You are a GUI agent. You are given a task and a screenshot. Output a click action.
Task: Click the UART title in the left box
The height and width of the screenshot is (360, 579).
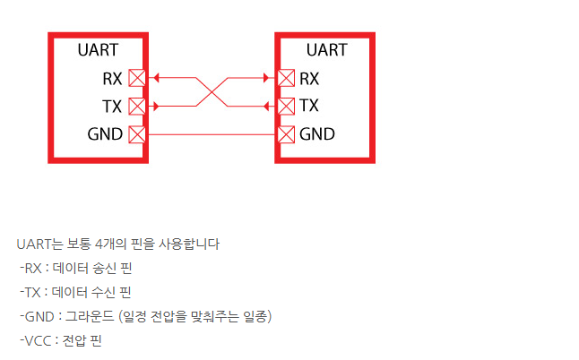pos(99,50)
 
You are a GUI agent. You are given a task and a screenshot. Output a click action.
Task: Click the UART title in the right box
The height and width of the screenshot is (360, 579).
pos(326,50)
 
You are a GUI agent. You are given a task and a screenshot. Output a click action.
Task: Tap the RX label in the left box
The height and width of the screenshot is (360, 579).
pos(113,79)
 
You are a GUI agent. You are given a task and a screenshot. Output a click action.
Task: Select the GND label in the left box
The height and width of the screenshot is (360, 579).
pos(105,135)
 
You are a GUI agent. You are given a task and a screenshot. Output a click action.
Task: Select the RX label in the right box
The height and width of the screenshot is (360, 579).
pos(309,79)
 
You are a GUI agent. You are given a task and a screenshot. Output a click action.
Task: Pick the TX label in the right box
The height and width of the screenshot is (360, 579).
pos(309,107)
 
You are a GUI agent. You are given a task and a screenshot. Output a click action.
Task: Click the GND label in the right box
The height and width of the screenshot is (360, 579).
pos(317,135)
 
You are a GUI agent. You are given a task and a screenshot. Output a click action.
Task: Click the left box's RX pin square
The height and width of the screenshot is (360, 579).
pos(137,79)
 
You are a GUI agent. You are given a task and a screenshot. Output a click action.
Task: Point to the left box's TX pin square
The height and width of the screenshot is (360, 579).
pos(137,107)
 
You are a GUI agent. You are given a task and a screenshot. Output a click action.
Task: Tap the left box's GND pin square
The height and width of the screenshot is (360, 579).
pos(137,135)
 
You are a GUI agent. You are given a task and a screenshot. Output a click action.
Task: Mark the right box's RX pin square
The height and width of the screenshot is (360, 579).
pos(286,79)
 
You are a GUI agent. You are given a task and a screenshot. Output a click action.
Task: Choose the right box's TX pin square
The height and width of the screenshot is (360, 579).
pos(286,107)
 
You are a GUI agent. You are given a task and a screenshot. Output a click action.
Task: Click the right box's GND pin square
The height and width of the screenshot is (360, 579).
pos(286,135)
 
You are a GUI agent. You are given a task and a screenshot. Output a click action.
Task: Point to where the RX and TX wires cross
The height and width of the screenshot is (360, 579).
pos(212,92)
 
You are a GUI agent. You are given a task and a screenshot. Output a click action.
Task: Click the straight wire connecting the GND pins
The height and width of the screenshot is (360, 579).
pos(212,135)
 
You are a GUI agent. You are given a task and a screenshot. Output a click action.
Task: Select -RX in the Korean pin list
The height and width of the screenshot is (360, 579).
pos(30,268)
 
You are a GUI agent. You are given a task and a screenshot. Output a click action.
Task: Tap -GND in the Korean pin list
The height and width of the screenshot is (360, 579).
pos(37,316)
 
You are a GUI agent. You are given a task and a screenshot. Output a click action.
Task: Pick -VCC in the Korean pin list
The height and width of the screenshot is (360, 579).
pos(35,340)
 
